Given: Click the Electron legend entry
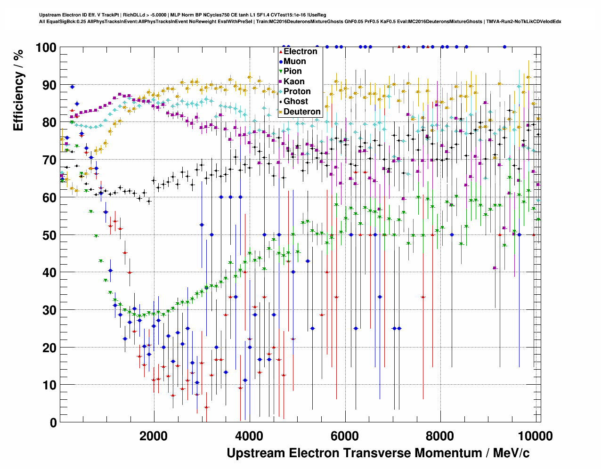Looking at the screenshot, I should click(x=300, y=51).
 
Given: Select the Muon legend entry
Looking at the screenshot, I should click(x=294, y=61).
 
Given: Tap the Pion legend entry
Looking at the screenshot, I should click(x=292, y=71).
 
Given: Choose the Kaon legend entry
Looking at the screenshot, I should click(x=294, y=81).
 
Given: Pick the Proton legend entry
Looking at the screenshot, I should click(x=297, y=91).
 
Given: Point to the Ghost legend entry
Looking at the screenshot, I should click(x=295, y=101).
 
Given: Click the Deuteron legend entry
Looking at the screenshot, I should click(x=302, y=112).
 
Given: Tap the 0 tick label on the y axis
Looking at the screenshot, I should click(x=53, y=423).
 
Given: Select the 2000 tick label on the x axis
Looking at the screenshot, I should click(x=154, y=436).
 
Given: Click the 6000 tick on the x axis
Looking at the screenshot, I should click(x=345, y=436).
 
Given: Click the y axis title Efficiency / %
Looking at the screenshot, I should click(x=18, y=89).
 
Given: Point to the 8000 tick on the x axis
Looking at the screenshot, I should click(x=440, y=436).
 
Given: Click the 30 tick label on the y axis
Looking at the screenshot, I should click(x=49, y=310).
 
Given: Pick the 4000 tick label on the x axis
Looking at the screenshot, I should click(x=249, y=436).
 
